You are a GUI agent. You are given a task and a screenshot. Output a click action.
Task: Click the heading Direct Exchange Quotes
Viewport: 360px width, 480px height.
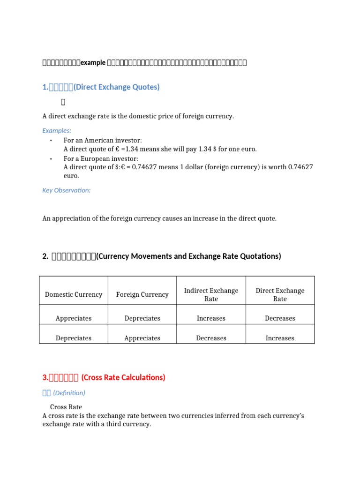(117, 87)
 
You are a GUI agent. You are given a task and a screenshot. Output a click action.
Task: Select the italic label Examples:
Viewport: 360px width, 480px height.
(57, 131)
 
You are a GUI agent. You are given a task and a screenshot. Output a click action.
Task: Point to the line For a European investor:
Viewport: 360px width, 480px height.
(101, 158)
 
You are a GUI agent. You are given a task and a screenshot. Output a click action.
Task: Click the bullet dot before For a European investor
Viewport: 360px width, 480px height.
(50, 159)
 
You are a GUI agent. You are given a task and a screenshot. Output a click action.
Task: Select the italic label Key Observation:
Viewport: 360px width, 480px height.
(66, 190)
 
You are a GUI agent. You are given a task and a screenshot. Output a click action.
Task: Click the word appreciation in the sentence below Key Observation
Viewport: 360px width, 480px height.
(72, 218)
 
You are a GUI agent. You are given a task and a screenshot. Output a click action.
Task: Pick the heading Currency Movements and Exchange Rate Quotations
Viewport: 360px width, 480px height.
(188, 256)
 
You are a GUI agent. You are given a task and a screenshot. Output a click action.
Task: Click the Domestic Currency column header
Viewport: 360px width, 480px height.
(74, 294)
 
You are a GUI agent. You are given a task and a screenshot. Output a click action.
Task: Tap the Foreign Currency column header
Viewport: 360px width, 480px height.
(142, 294)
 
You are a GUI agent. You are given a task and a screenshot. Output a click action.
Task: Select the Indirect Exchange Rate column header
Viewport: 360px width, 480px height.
(211, 294)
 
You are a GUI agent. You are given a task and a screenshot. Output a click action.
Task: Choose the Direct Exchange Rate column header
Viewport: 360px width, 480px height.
(280, 294)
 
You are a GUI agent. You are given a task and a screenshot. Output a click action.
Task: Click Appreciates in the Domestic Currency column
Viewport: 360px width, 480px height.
(74, 318)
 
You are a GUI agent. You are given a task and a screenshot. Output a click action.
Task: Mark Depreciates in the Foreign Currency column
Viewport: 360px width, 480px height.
(142, 318)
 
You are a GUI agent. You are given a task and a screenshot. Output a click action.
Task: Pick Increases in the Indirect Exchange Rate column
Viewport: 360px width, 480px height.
(211, 318)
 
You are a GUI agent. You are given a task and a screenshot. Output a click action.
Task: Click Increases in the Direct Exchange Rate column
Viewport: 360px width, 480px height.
(280, 338)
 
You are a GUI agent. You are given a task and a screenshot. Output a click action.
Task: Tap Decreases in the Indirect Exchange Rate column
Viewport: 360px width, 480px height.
(211, 338)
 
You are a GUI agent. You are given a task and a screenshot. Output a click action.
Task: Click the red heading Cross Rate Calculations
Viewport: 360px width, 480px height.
(123, 377)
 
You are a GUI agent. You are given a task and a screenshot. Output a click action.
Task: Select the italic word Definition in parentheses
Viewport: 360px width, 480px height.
(69, 393)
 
